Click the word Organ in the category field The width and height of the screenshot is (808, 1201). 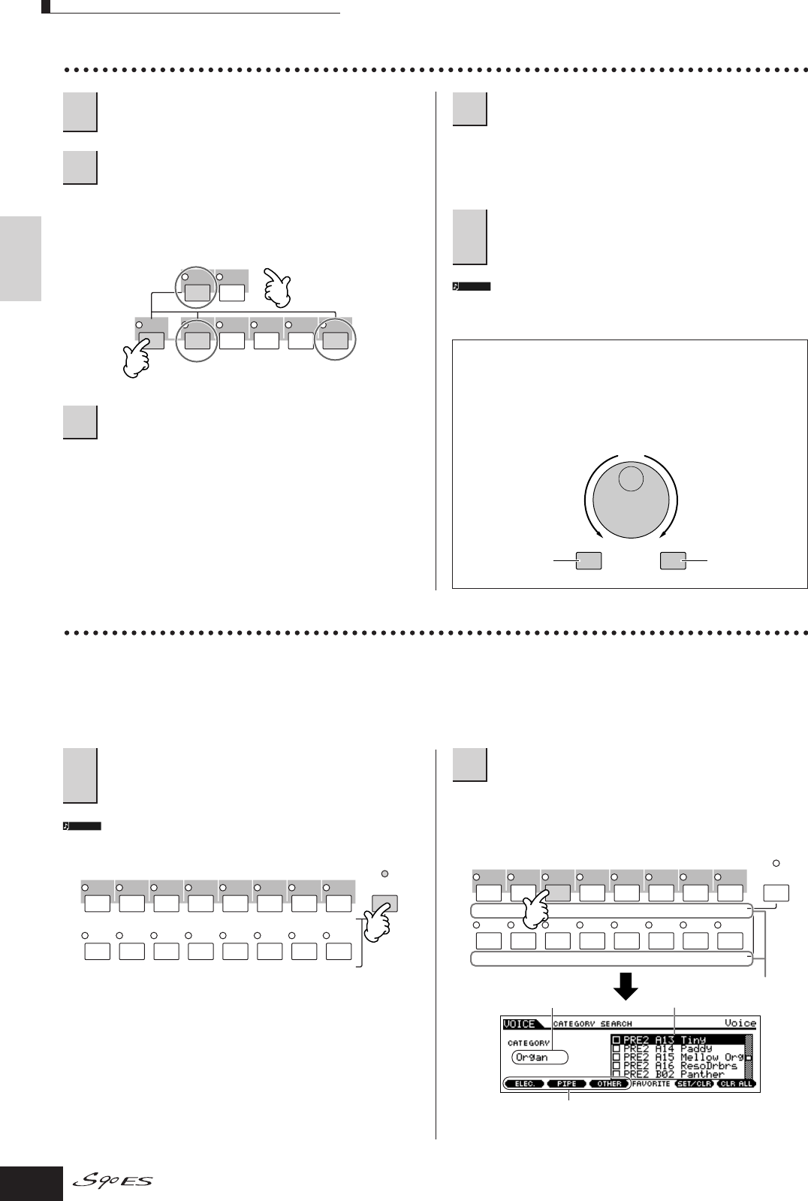[532, 1057]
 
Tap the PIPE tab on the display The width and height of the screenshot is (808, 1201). [567, 1084]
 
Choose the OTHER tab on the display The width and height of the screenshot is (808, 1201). [609, 1084]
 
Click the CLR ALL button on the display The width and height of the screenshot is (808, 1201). [735, 1084]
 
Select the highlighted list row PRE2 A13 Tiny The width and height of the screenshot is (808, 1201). [676, 1040]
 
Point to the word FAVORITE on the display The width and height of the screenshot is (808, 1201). [651, 1084]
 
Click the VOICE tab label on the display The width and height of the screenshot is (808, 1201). [520, 1024]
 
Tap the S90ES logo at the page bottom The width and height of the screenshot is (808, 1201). [113, 1181]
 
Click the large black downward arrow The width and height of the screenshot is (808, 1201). [626, 987]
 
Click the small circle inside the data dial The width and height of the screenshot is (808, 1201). [631, 479]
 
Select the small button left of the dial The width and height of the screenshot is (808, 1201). [589, 560]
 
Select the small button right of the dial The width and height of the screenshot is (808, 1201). [673, 560]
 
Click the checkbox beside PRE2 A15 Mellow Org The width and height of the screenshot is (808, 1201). [617, 1058]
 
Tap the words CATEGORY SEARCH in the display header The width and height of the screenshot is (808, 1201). [592, 1024]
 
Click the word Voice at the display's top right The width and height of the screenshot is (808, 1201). [740, 1023]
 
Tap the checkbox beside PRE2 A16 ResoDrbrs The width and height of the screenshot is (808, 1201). [617, 1066]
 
